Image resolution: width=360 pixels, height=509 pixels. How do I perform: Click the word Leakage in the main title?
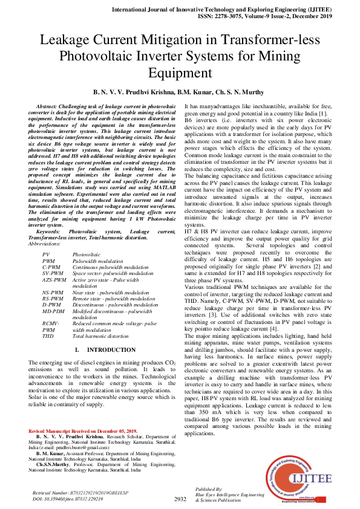[66, 41]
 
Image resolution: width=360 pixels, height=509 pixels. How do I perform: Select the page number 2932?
[180, 499]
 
